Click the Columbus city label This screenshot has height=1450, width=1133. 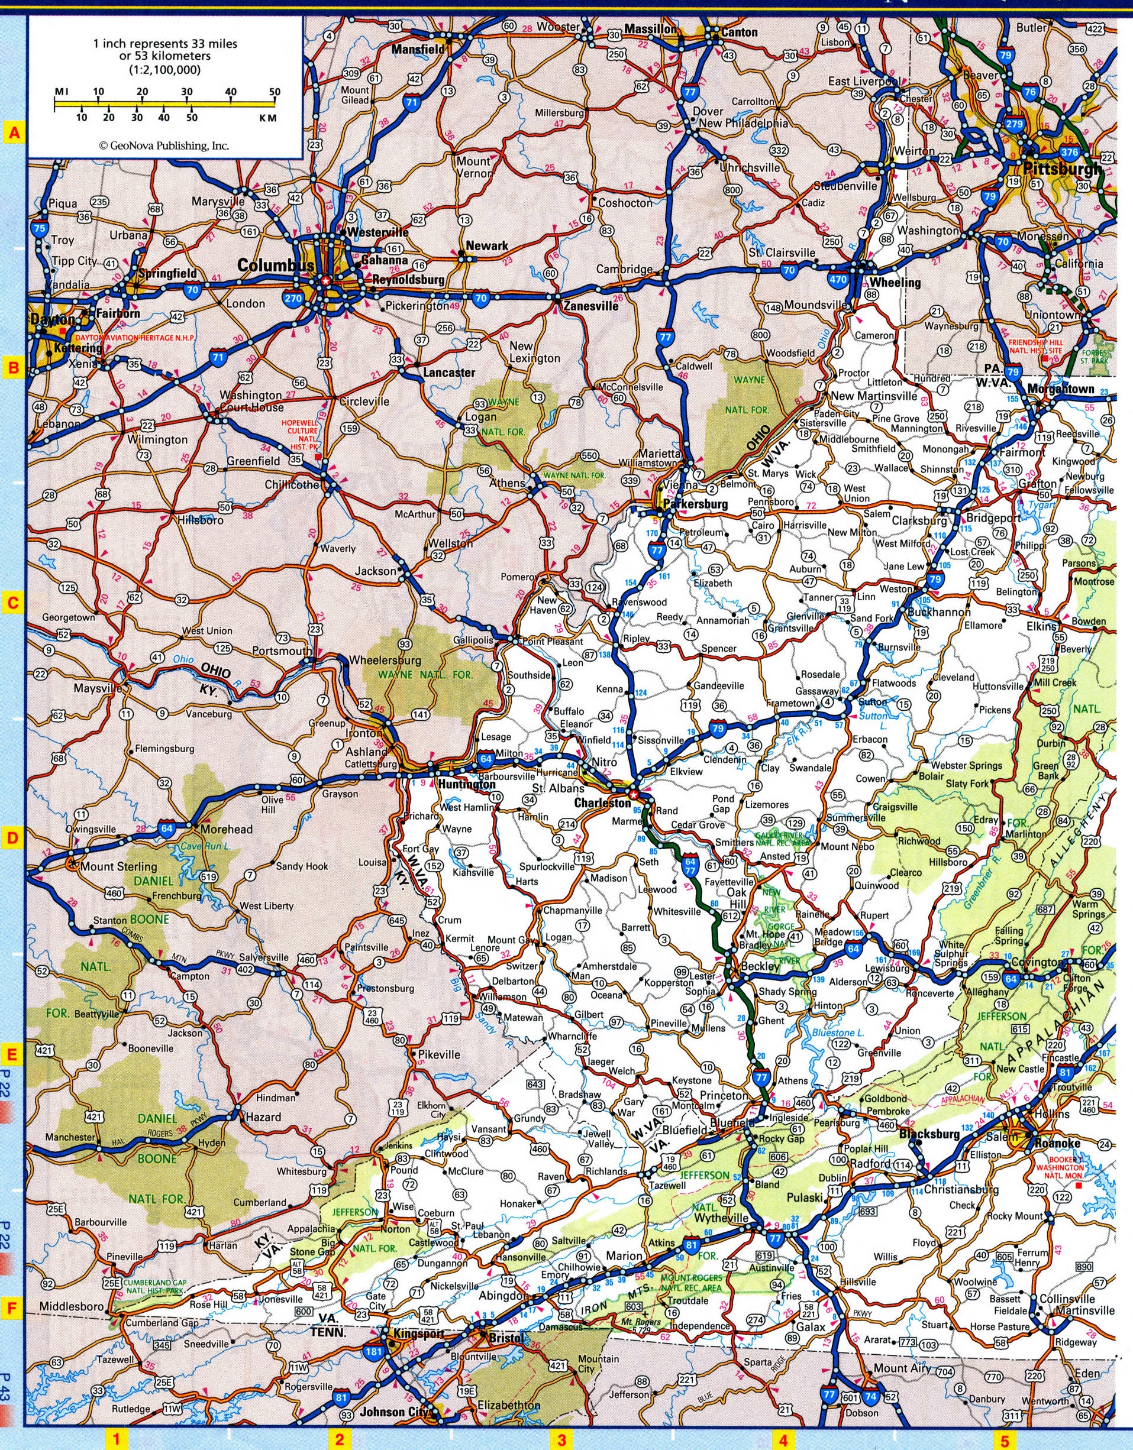(x=275, y=265)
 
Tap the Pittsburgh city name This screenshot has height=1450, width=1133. (x=1061, y=170)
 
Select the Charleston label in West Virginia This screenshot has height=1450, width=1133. (x=602, y=803)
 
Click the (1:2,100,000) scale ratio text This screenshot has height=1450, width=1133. (x=164, y=69)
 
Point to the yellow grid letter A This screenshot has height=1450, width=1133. (x=12, y=134)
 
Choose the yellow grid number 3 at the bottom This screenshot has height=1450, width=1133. (x=561, y=1439)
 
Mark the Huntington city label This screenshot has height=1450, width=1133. (x=467, y=784)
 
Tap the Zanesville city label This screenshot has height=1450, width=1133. (x=591, y=307)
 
